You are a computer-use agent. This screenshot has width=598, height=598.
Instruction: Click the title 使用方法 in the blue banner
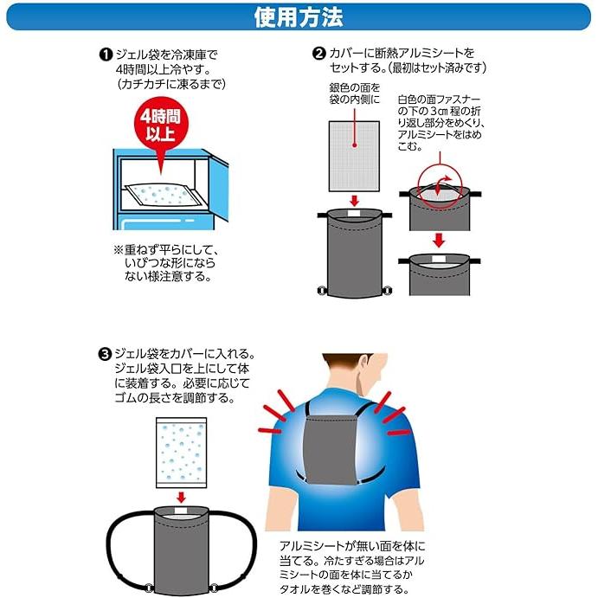tap(299, 16)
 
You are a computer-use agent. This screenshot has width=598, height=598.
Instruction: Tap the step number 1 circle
tap(105, 55)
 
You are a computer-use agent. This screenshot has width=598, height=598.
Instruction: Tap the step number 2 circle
tap(318, 55)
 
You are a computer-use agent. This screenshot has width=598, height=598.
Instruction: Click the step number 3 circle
tap(105, 354)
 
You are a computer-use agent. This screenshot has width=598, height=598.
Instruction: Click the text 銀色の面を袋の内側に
tap(354, 94)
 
